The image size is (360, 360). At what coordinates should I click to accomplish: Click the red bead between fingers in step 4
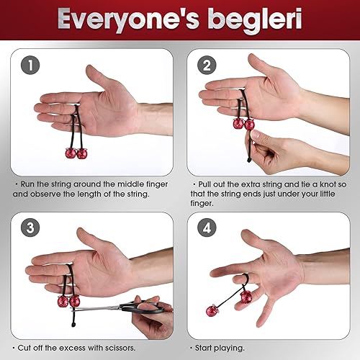(x=246, y=297)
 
